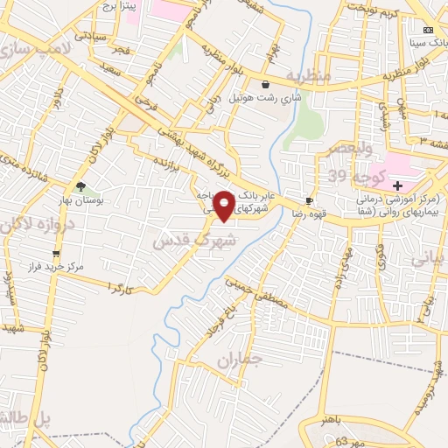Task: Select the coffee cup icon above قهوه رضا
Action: tap(309, 200)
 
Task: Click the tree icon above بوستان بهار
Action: tap(80, 186)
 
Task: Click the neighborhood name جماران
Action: tap(234, 360)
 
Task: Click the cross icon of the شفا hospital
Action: tap(398, 186)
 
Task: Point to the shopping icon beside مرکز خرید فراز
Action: tap(56, 254)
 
